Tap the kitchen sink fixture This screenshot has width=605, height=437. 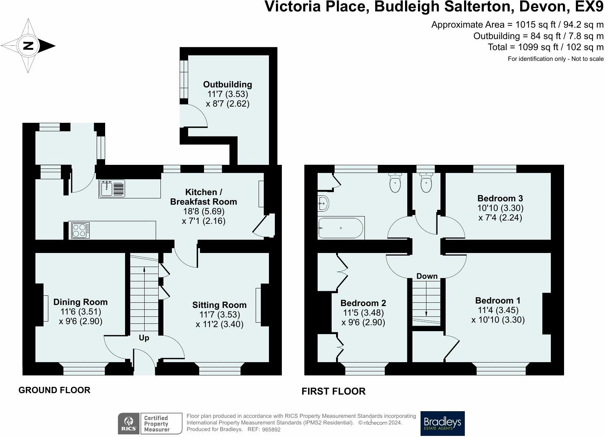pyautogui.click(x=112, y=188)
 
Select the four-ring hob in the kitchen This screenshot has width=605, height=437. pyautogui.click(x=80, y=231)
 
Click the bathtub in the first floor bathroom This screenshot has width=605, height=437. pyautogui.click(x=341, y=228)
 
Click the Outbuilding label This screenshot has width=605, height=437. pyautogui.click(x=228, y=84)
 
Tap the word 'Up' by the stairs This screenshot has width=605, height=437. pyautogui.click(x=144, y=338)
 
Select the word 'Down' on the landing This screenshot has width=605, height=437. pyautogui.click(x=427, y=276)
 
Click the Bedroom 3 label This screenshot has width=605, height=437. pyautogui.click(x=500, y=198)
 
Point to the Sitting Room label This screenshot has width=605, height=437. pyautogui.click(x=219, y=305)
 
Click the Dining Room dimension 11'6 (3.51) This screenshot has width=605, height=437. pyautogui.click(x=80, y=312)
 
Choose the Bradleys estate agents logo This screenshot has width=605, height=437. pyautogui.click(x=442, y=423)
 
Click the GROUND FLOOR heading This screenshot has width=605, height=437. pyautogui.click(x=54, y=390)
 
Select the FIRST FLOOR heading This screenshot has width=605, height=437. pyautogui.click(x=333, y=391)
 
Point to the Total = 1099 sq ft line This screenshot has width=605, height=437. pyautogui.click(x=546, y=47)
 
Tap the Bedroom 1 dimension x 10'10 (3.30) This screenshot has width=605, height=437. pyautogui.click(x=498, y=320)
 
